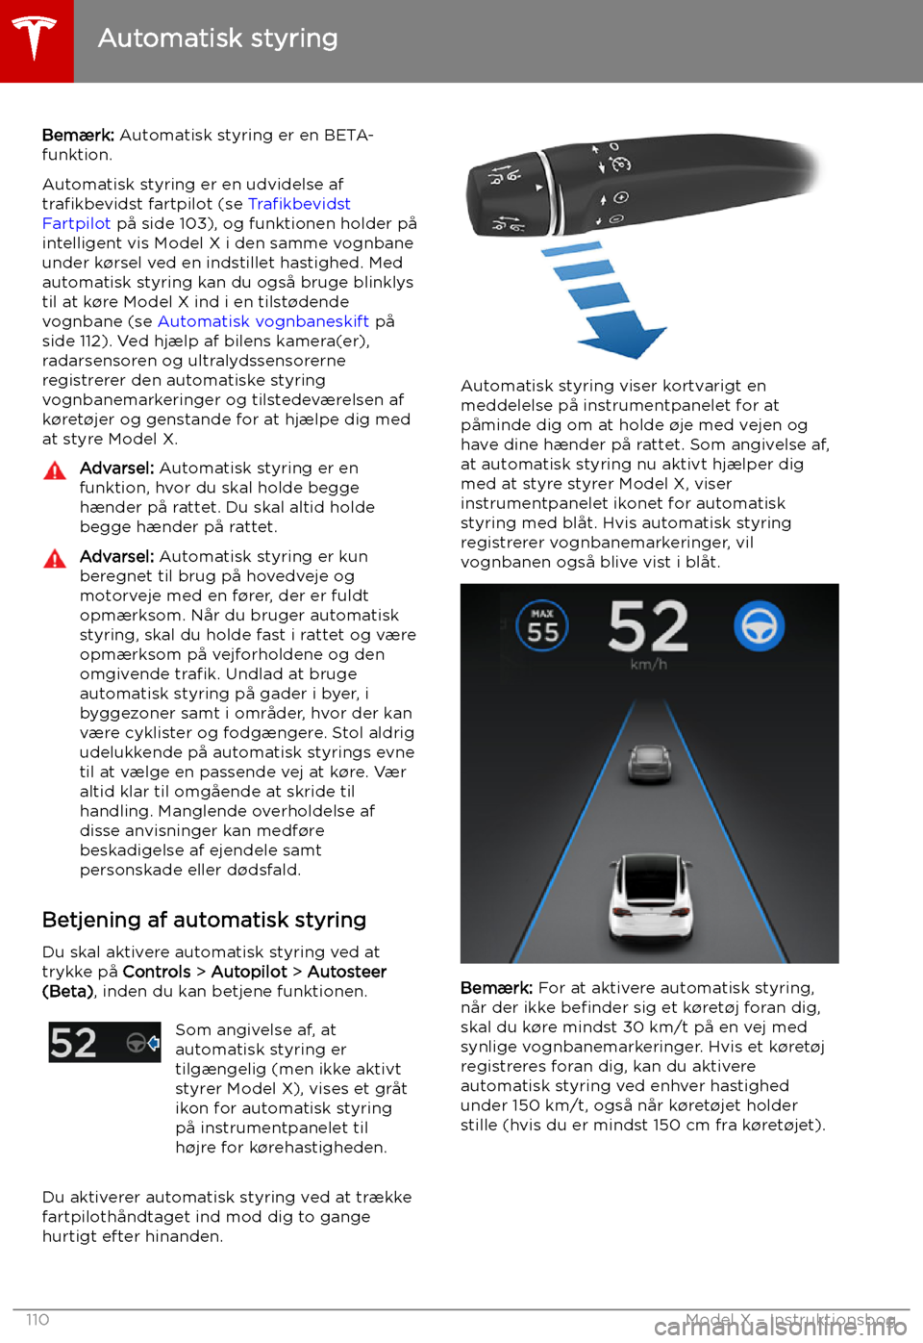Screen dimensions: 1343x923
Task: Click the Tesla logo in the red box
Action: click(x=36, y=39)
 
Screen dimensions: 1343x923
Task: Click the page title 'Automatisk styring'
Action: click(x=217, y=38)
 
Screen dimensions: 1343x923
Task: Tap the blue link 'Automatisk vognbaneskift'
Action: click(x=263, y=321)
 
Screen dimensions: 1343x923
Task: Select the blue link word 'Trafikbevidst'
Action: click(x=299, y=204)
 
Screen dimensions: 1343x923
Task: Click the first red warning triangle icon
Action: click(x=55, y=470)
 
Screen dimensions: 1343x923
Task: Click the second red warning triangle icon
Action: click(x=55, y=559)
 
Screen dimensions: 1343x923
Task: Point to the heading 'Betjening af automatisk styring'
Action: click(x=204, y=920)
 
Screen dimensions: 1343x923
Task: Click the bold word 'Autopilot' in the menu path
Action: click(x=249, y=972)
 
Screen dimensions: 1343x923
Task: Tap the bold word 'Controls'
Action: click(x=157, y=972)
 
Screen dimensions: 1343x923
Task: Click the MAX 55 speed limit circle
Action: click(x=542, y=626)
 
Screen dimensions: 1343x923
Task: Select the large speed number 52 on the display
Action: click(x=648, y=626)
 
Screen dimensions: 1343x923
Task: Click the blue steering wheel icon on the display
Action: click(x=759, y=626)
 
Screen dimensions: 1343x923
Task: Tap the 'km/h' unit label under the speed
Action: click(x=648, y=665)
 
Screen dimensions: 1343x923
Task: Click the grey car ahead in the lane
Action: click(x=650, y=764)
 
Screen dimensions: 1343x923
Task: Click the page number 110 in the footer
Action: click(x=37, y=1319)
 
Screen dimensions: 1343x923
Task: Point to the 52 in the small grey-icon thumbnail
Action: click(x=73, y=1043)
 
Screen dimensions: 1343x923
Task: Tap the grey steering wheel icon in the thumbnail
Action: click(x=137, y=1043)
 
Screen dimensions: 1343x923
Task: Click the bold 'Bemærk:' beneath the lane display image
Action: click(x=496, y=988)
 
